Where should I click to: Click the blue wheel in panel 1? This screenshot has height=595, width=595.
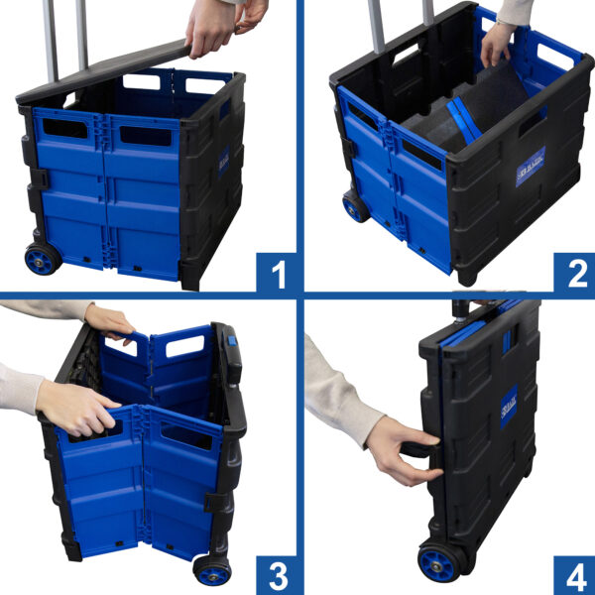pos(42,259)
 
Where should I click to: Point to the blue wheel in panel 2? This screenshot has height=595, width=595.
pos(355,206)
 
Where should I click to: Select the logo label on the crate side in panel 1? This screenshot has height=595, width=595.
pos(223,159)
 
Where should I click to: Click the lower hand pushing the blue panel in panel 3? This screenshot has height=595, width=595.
pos(79,407)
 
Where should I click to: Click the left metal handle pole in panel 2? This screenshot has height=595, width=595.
pos(377,25)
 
